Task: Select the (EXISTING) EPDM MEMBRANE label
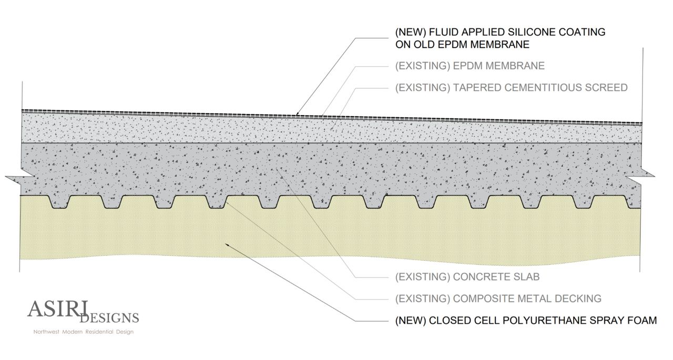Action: (470, 66)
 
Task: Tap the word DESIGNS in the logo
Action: (110, 317)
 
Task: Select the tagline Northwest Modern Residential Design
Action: (84, 332)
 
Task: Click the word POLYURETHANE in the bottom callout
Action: (539, 321)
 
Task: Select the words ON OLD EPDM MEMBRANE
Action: (462, 45)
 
